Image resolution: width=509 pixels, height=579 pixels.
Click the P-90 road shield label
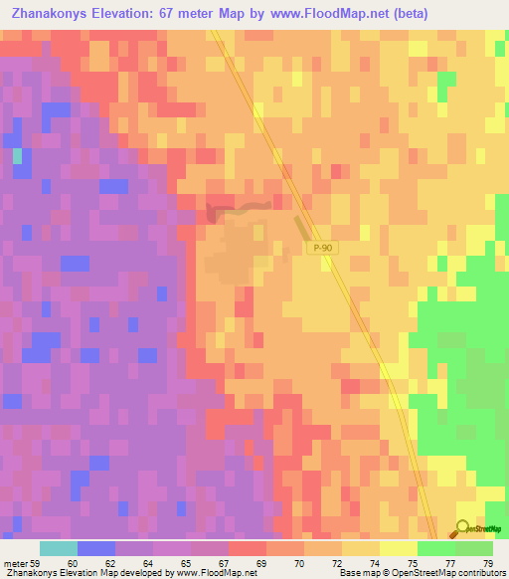pos(318,248)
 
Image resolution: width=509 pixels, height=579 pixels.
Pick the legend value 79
pos(488,563)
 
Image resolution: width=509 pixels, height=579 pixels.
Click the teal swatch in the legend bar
pos(59,548)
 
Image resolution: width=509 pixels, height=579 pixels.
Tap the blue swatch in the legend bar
pos(96,548)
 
